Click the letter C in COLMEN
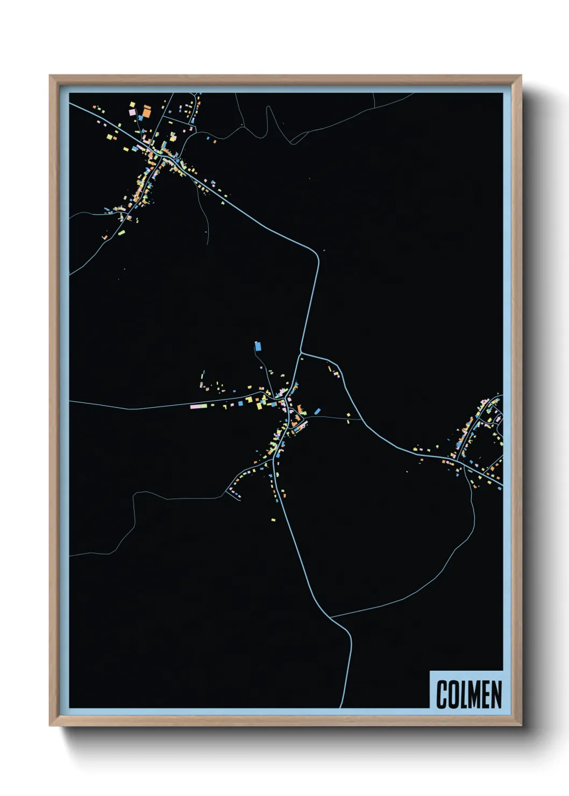click(442, 694)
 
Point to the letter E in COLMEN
click(488, 694)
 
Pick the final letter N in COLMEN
click(497, 694)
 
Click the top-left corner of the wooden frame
click(50, 76)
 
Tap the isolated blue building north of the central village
click(258, 345)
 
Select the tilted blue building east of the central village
click(317, 411)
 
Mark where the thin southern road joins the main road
click(330, 617)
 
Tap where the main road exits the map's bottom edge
click(341, 707)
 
